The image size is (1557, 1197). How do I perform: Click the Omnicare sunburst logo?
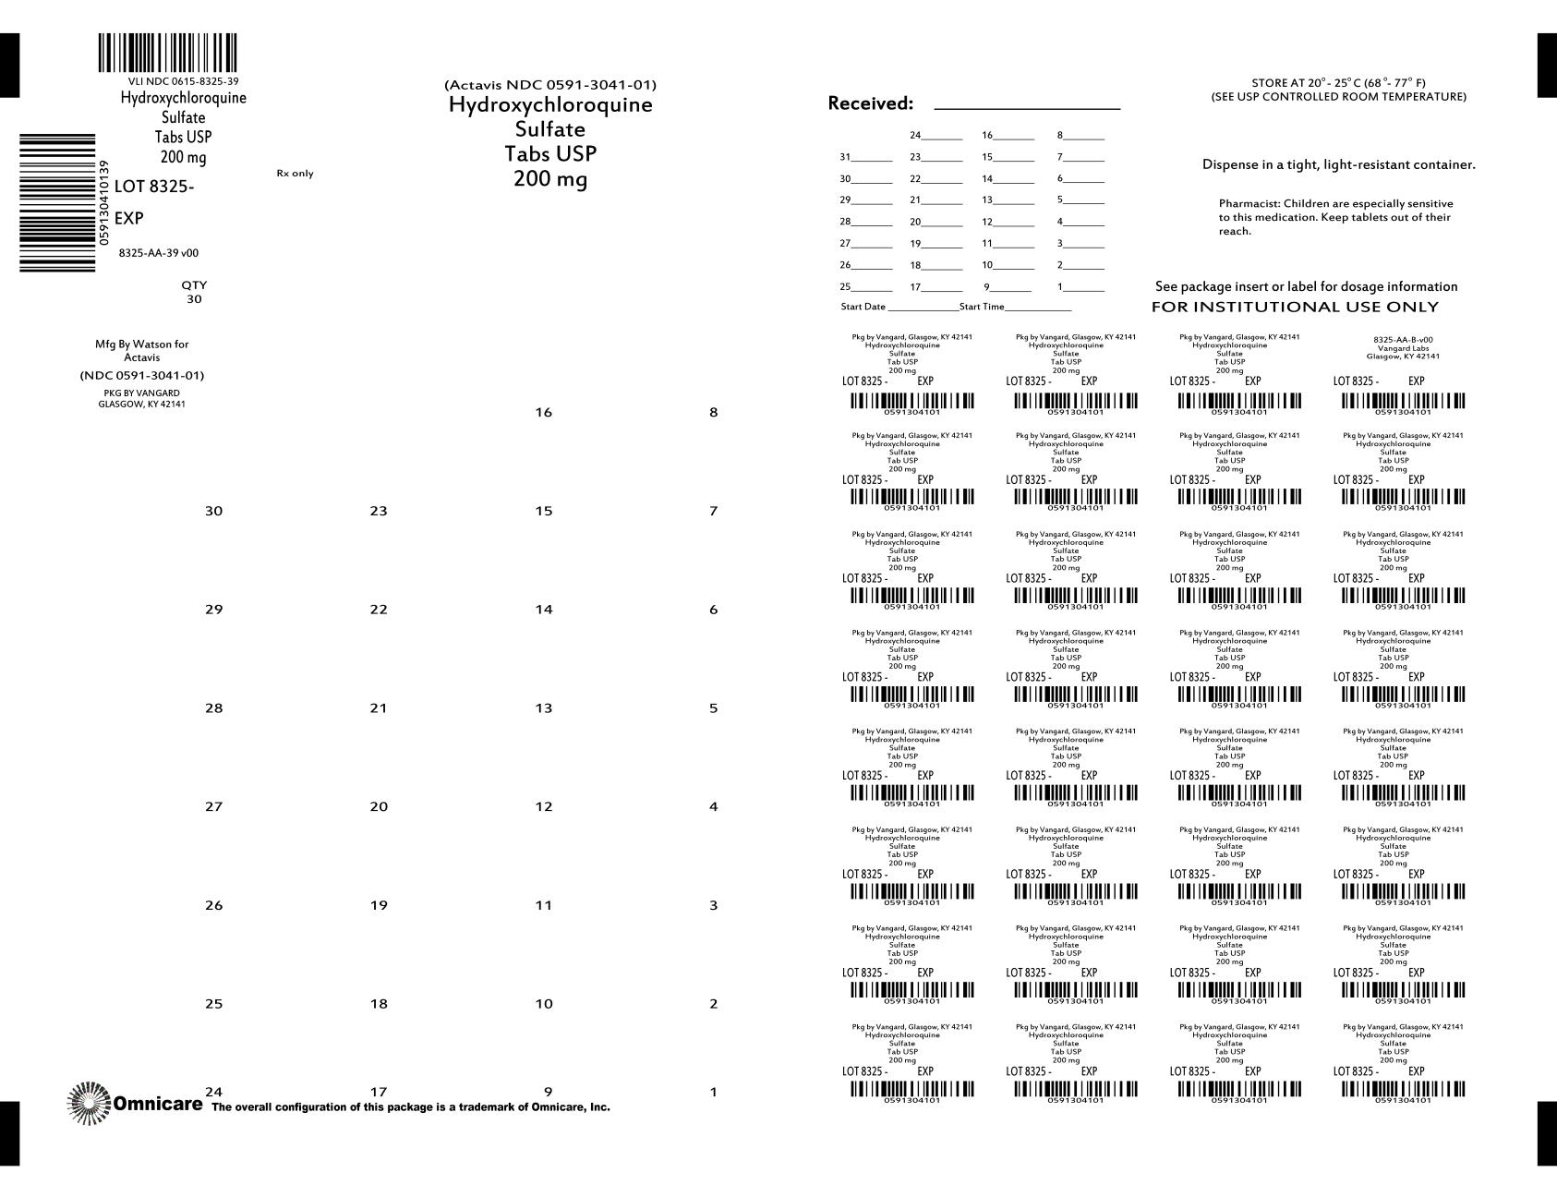tap(89, 1103)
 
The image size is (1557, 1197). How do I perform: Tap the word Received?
tap(870, 103)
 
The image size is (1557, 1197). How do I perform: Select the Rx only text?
tap(295, 174)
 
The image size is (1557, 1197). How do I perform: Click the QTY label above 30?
tap(194, 285)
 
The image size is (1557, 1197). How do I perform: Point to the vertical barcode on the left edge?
tap(57, 202)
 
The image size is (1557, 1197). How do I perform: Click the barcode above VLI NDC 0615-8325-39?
tap(167, 54)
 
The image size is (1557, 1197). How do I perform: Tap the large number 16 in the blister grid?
tap(543, 413)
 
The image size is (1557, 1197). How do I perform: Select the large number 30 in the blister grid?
tap(213, 512)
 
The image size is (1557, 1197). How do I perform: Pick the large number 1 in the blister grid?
tap(713, 1093)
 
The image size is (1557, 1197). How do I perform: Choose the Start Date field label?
tap(863, 307)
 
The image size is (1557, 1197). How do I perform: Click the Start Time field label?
tap(982, 307)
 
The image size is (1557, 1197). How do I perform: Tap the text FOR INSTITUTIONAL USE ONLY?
tap(1295, 307)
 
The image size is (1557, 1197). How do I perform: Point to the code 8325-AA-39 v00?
tap(158, 253)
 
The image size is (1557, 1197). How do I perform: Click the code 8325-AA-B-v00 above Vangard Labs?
tap(1403, 340)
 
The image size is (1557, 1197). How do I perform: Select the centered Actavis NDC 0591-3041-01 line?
tap(550, 86)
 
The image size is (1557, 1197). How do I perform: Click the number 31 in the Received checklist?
tap(845, 157)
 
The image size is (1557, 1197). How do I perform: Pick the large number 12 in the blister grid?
tap(543, 807)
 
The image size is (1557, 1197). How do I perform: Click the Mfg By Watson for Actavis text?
tap(141, 350)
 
